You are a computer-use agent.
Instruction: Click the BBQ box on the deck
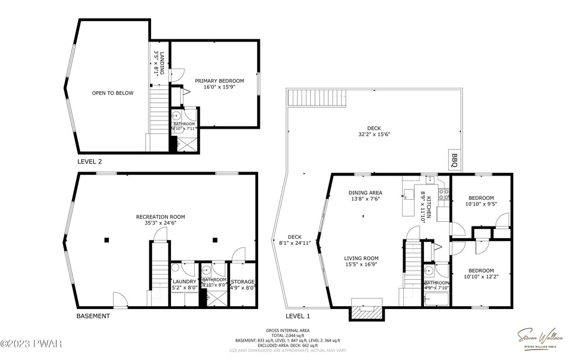[455, 159]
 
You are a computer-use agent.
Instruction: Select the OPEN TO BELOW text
[112, 93]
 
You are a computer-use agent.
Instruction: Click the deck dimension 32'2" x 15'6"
[373, 131]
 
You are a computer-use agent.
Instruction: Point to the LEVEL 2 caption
[90, 161]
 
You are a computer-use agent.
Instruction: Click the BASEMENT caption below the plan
[93, 316]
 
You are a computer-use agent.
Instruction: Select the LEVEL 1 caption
[297, 316]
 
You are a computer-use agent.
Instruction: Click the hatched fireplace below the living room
[366, 313]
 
